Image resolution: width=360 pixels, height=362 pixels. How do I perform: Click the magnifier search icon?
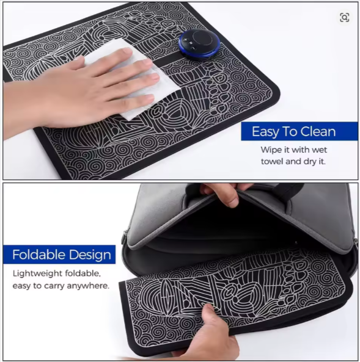[x=344, y=18]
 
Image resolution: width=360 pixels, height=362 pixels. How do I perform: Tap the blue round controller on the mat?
[x=199, y=45]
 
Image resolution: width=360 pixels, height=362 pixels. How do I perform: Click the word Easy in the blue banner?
[x=266, y=132]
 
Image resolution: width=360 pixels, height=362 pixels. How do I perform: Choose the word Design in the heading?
[x=90, y=255]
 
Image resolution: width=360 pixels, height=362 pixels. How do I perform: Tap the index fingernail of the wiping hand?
[x=127, y=51]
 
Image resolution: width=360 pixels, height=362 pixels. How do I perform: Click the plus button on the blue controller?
[x=185, y=40]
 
